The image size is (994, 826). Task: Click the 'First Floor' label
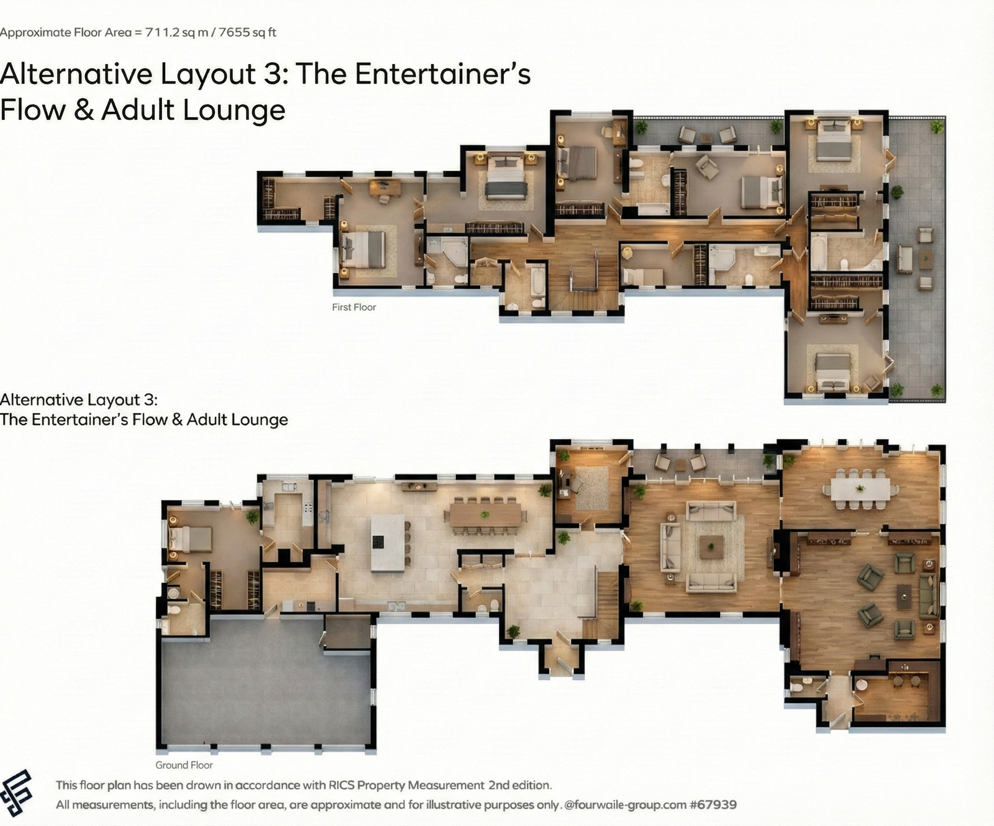[x=354, y=307]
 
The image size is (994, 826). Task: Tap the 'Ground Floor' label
[x=184, y=765]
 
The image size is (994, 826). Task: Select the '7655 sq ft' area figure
[x=247, y=32]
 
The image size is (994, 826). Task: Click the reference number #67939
[x=713, y=805]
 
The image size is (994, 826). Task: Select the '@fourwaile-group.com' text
[x=626, y=805]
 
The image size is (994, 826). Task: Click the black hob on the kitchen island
[x=378, y=542]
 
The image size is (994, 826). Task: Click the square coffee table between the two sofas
[x=711, y=547]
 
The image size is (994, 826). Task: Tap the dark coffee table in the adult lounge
[x=904, y=597]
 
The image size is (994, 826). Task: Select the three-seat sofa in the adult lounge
[x=929, y=596]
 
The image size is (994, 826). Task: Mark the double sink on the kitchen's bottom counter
[x=396, y=606]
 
